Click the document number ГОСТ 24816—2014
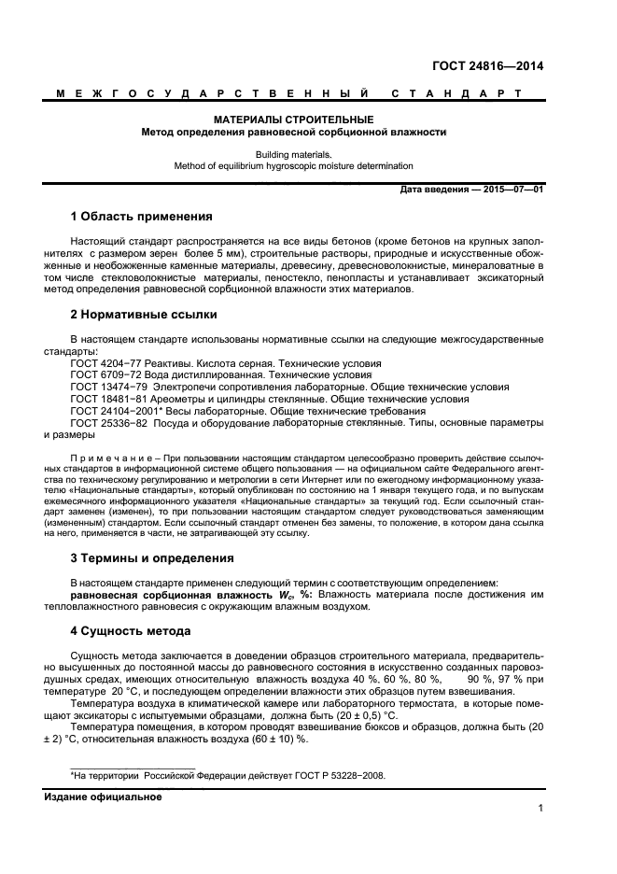tap(487, 66)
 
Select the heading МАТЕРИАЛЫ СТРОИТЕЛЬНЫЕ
tap(293, 120)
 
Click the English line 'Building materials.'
tap(293, 154)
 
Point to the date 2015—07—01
tap(512, 189)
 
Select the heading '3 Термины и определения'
tap(152, 558)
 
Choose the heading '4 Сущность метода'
tap(131, 630)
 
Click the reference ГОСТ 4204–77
tap(108, 362)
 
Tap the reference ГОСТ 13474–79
tap(111, 387)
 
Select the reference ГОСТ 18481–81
tap(111, 399)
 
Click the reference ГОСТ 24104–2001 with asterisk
tap(117, 411)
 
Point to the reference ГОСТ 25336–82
tap(111, 423)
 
